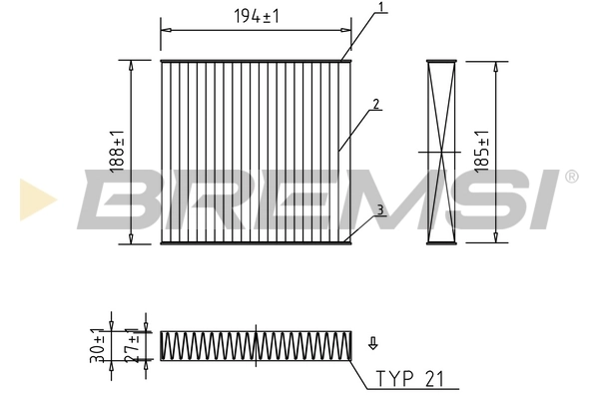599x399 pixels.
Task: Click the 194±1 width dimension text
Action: click(256, 17)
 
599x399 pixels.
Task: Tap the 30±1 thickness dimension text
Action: click(98, 344)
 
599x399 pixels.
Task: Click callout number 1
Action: click(380, 8)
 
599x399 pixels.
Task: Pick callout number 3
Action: click(380, 209)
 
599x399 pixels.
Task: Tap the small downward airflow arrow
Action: click(372, 343)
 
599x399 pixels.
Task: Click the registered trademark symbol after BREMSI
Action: click(571, 177)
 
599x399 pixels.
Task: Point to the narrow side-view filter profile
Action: click(440, 152)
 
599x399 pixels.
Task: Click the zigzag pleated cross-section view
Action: click(257, 345)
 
